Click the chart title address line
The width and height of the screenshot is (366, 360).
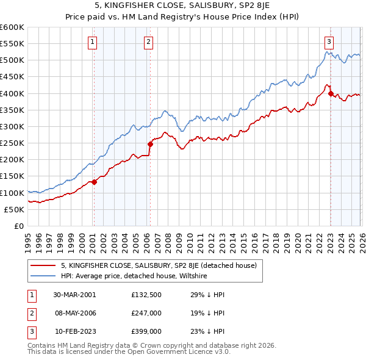point(183,7)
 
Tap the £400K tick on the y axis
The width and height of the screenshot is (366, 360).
point(12,93)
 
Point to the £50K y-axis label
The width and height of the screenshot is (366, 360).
point(14,209)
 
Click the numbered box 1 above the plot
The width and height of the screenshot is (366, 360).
point(92,42)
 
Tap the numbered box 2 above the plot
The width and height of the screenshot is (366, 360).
point(148,42)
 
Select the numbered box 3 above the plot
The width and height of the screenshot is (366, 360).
point(329,42)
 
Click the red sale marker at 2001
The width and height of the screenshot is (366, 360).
point(95,182)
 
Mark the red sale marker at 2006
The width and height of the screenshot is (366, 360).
point(150,144)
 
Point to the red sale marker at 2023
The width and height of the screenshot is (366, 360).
point(331,94)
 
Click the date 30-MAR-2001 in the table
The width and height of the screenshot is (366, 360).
point(75,295)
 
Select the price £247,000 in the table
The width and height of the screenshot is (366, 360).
point(146,314)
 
